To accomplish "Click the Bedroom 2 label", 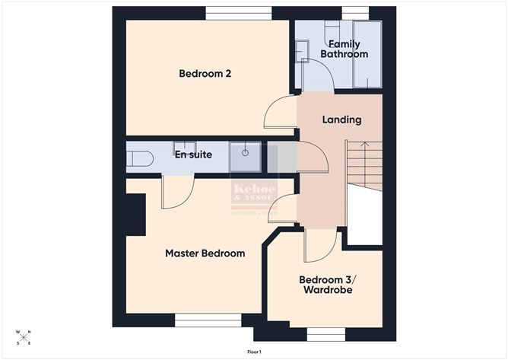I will (205, 74).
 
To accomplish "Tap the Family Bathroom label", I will (344, 49).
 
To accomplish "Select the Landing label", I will (341, 119).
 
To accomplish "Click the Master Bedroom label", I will (205, 253).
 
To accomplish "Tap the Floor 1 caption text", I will (254, 352).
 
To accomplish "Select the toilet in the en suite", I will (139, 158).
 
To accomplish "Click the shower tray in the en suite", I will (246, 156).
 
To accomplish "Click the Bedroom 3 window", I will (326, 333).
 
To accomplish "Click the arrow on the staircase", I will (364, 144).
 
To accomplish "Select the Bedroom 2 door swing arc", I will (275, 114).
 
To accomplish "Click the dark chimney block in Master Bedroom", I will (135, 214).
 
